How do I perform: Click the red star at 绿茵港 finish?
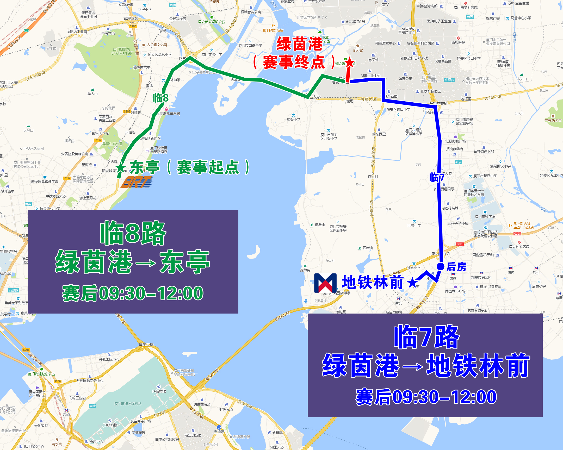pos(350,63)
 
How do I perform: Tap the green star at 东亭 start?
pos(121,167)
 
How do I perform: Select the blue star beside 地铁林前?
pos(412,283)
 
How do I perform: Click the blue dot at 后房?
pos(441,266)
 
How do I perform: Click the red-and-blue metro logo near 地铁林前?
pos(325,283)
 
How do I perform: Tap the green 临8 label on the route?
pos(160,98)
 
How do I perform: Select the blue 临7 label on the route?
pos(437,178)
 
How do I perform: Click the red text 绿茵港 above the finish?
pos(300,44)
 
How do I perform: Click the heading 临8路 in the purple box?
pos(133,233)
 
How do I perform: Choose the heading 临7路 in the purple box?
pos(426,337)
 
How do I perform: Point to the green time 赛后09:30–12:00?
pos(133,293)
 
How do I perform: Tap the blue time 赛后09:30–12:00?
pos(426,397)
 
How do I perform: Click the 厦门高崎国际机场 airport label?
pos(128,404)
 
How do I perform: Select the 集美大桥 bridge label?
pos(146,345)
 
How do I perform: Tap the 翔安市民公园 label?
pos(481,277)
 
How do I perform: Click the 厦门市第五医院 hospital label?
pos(466,8)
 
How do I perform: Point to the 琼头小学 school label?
pos(294,119)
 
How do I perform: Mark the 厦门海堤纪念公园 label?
pos(42,374)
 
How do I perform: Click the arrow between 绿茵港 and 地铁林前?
pos(412,366)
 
